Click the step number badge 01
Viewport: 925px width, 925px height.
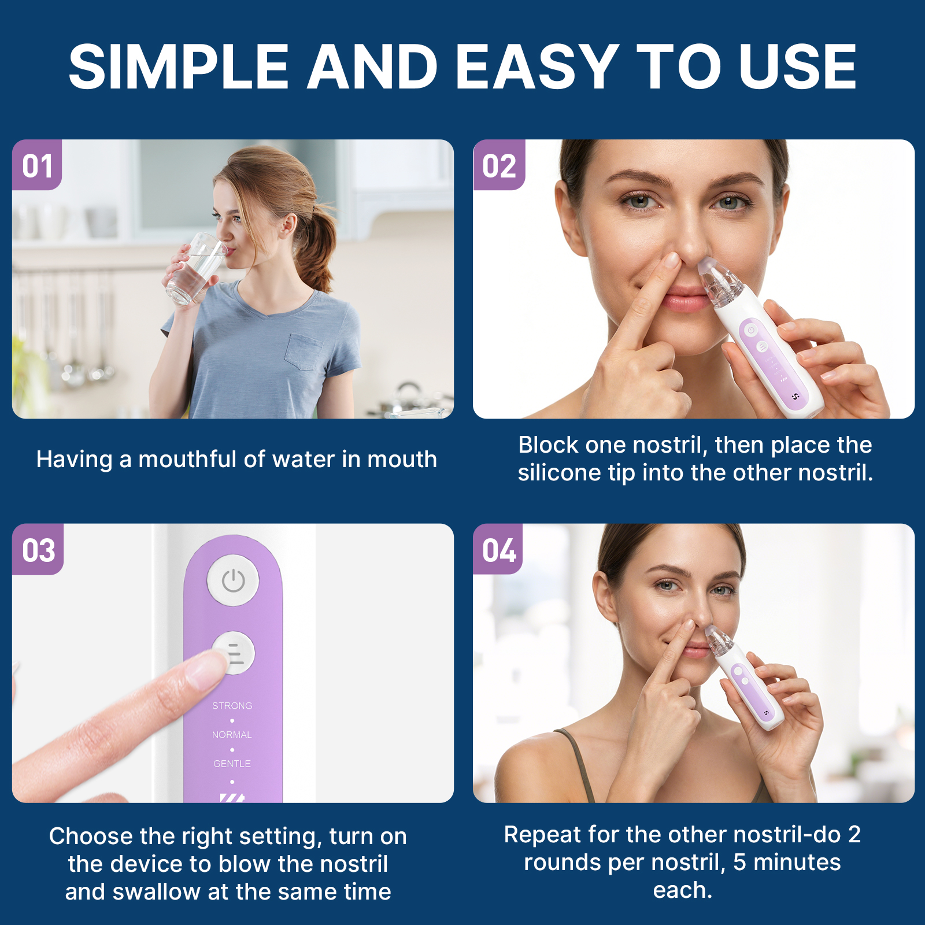37,166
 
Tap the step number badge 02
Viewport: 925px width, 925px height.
499,166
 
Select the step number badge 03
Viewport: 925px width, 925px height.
38,550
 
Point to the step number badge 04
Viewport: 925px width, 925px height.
499,550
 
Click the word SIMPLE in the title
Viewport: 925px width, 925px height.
179,68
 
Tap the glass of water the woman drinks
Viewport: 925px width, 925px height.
195,269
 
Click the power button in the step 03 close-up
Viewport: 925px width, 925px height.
233,580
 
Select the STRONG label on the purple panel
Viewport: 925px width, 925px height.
232,706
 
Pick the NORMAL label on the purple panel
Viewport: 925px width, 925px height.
232,735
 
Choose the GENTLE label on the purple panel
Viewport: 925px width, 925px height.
232,764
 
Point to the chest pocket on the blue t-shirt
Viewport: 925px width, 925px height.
304,351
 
